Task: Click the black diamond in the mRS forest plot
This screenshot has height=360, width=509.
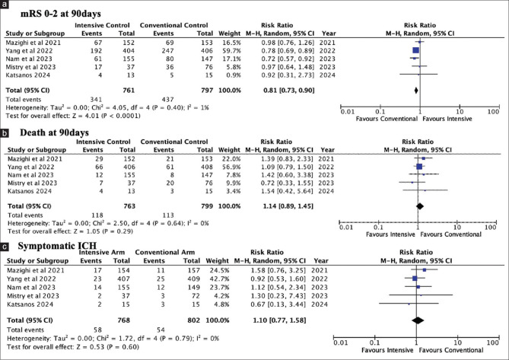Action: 417,90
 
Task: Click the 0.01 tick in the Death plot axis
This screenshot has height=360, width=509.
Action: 345,226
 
